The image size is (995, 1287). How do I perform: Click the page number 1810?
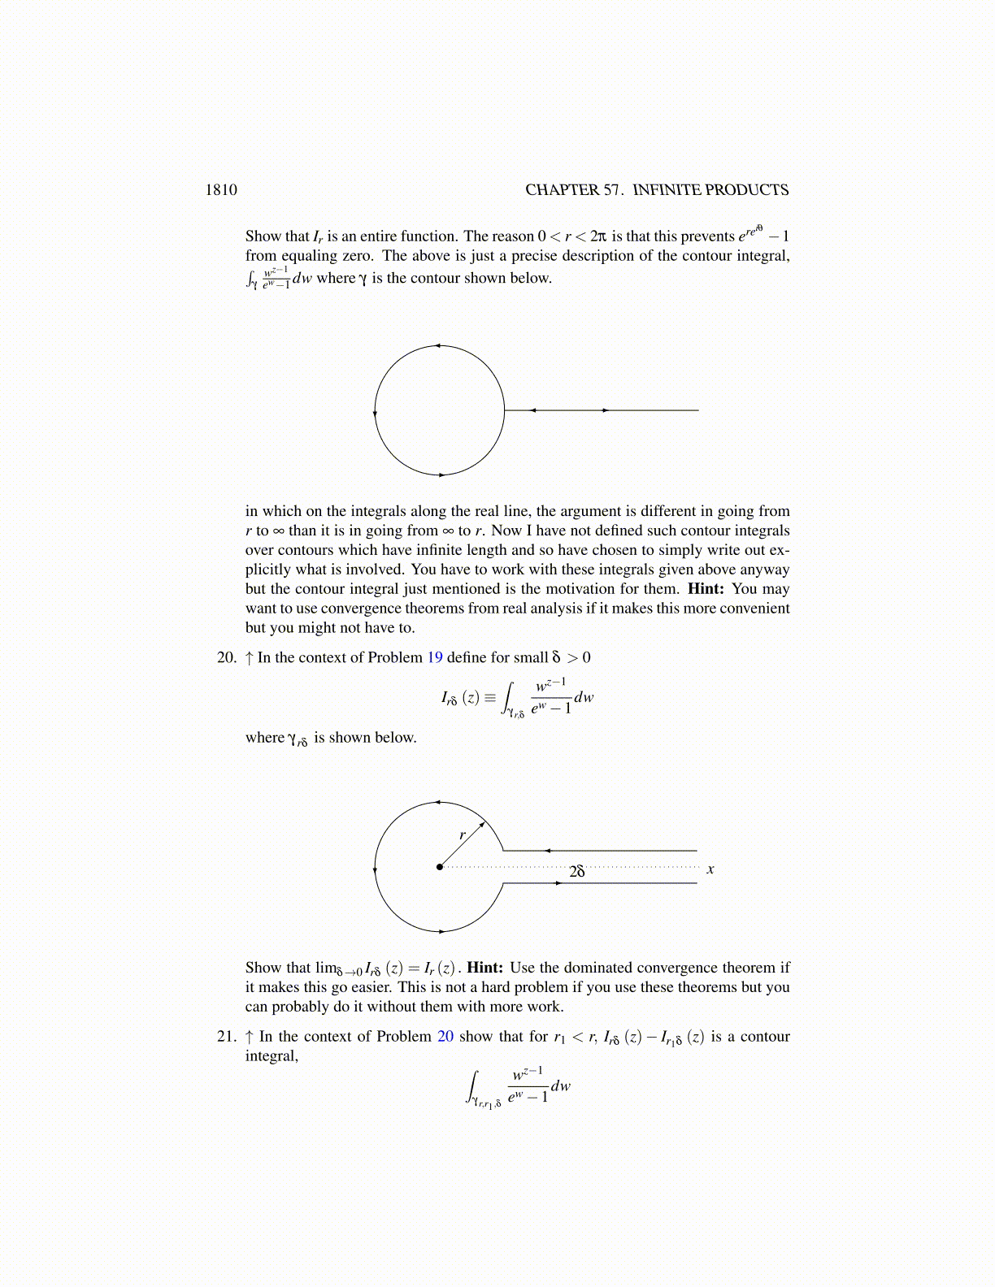tap(221, 190)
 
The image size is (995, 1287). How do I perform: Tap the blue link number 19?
tap(435, 657)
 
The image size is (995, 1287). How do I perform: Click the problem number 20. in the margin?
tap(227, 657)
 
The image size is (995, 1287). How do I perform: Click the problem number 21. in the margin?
tap(227, 1036)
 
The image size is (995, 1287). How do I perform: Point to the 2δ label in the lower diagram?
tap(577, 871)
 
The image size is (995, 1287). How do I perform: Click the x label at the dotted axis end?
tap(710, 869)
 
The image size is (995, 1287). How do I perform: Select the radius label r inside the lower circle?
tap(463, 834)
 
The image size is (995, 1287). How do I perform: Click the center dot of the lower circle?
tap(440, 867)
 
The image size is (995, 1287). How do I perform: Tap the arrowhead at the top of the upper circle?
tap(437, 346)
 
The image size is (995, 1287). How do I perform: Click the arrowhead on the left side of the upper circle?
tap(375, 413)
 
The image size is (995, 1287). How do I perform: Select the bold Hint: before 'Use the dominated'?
tap(485, 968)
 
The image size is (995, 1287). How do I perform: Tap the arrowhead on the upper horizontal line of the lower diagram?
tap(548, 851)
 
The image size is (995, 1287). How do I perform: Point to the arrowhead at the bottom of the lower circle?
tap(441, 931)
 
